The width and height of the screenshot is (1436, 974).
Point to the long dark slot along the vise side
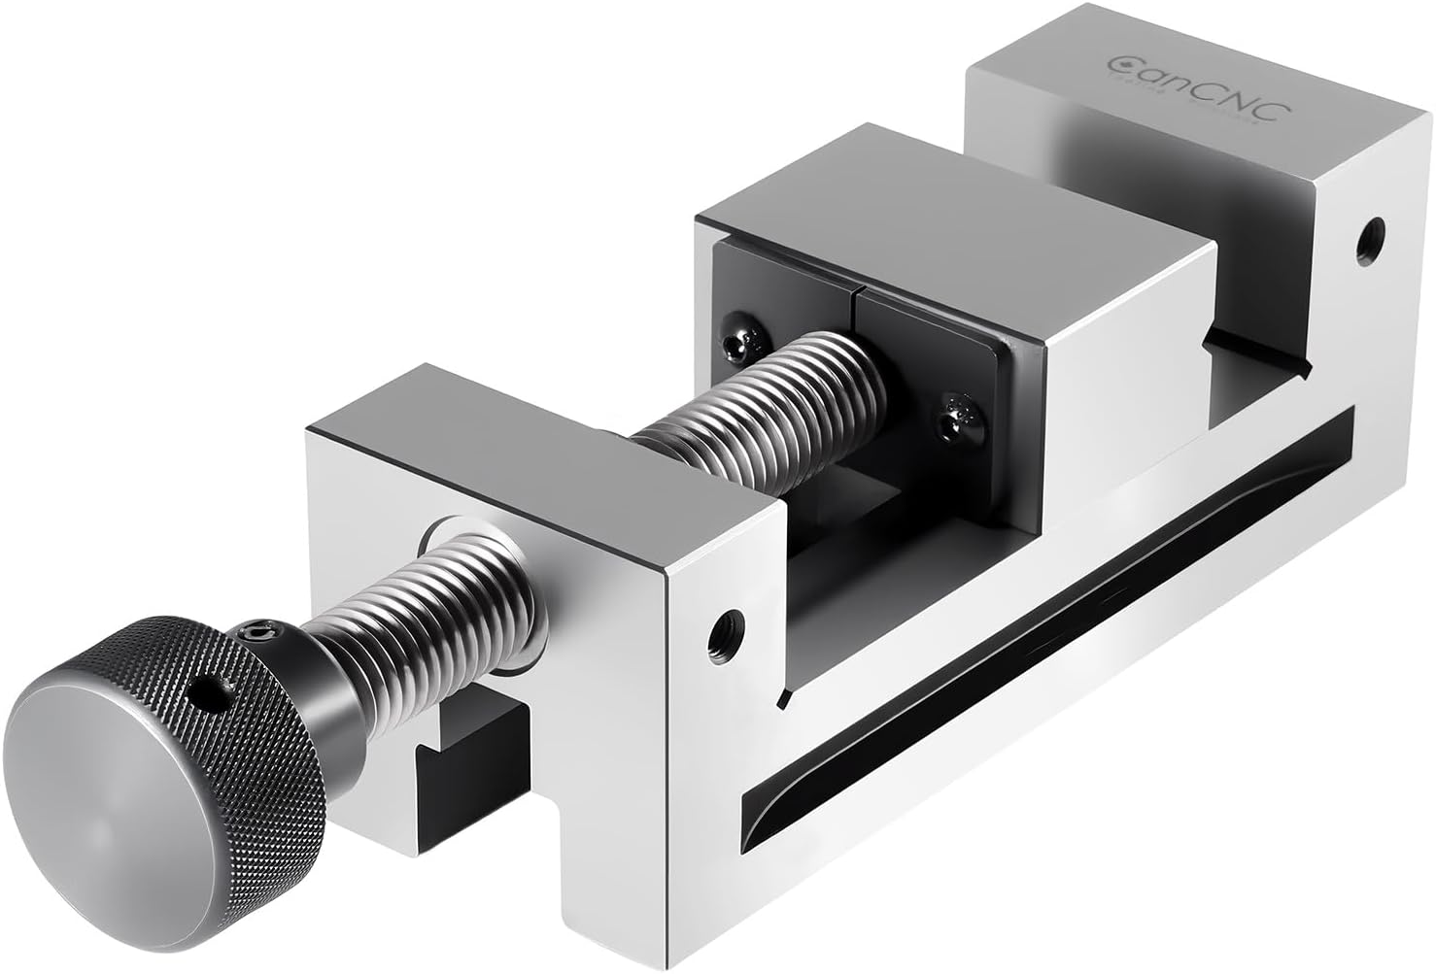point(1049,621)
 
